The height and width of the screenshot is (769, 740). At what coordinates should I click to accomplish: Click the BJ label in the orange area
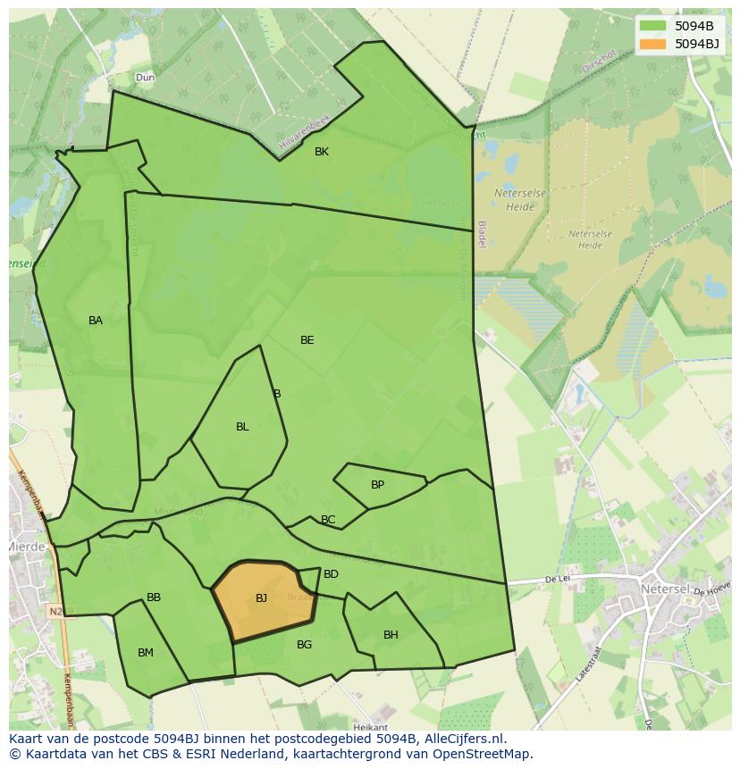pos(261,598)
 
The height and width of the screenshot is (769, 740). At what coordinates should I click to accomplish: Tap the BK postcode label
pos(322,152)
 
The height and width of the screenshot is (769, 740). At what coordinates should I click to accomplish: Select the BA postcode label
pos(96,321)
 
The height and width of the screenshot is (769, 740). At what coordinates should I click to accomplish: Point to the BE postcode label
pos(307,340)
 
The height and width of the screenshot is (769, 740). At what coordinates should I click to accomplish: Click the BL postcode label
pos(242,427)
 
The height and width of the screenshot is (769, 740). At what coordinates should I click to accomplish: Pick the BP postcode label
pos(377,485)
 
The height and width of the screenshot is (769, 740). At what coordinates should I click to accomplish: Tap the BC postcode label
pos(328,520)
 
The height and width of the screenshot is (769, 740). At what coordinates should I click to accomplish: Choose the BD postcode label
pos(331,574)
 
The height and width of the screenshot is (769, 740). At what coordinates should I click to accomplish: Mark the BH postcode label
pos(391,635)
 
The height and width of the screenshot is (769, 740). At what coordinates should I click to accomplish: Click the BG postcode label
pos(304,645)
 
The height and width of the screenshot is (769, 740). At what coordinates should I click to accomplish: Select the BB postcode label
pos(154,598)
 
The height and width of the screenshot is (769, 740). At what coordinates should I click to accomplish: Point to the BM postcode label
pos(146,653)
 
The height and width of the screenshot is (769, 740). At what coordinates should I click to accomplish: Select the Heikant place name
pos(371,728)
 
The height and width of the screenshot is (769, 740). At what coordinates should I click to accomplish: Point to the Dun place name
pos(145,78)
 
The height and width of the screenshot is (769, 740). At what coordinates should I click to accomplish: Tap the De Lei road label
pos(557,580)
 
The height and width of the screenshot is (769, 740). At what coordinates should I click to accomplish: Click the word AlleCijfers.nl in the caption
pos(463,739)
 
